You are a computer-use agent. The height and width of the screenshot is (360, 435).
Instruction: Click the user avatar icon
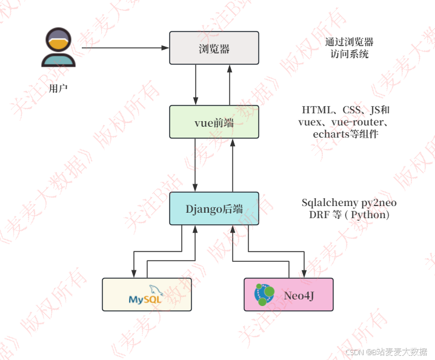click(58, 47)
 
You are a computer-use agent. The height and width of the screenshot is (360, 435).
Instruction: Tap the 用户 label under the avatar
click(58, 88)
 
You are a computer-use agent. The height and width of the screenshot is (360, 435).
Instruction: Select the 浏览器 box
click(214, 48)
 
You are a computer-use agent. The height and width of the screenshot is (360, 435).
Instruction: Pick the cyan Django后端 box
click(214, 208)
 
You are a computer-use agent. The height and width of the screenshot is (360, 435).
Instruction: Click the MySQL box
click(147, 295)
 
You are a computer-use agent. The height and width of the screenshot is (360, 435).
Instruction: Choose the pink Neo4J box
click(288, 295)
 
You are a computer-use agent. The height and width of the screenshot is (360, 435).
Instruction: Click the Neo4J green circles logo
click(264, 295)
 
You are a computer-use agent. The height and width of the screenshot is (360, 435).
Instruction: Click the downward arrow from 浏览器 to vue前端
click(196, 84)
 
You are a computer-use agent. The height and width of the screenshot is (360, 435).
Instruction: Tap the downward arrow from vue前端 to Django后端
click(196, 164)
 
